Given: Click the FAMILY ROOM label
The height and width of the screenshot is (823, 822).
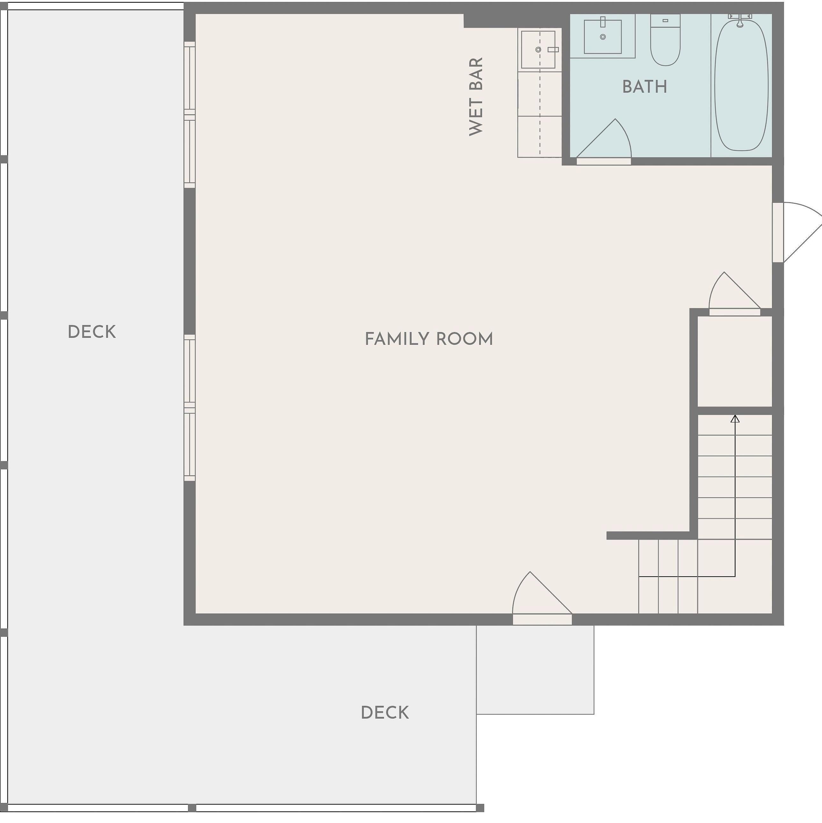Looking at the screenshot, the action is (x=429, y=339).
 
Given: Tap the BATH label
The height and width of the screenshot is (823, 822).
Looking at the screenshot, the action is (x=645, y=87).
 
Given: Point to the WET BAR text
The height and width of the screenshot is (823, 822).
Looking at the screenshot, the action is (x=476, y=97).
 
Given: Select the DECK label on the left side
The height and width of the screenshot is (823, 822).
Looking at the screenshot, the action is (x=92, y=332).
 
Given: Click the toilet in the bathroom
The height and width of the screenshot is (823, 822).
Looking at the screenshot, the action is (x=665, y=40).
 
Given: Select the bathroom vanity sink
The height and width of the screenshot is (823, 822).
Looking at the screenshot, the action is (x=602, y=37).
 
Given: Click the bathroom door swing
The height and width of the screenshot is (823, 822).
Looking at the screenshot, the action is (x=604, y=141).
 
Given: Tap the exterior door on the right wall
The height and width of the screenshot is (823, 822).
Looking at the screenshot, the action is (x=797, y=232).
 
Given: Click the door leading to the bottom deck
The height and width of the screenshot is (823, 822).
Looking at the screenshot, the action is (x=542, y=599).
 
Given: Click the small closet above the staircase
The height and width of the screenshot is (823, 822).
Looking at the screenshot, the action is (x=735, y=361).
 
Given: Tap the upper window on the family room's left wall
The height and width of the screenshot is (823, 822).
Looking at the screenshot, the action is (x=190, y=115).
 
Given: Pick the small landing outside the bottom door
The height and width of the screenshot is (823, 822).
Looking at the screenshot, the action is (x=535, y=670).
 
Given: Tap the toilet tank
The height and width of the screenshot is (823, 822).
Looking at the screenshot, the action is (x=665, y=20).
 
